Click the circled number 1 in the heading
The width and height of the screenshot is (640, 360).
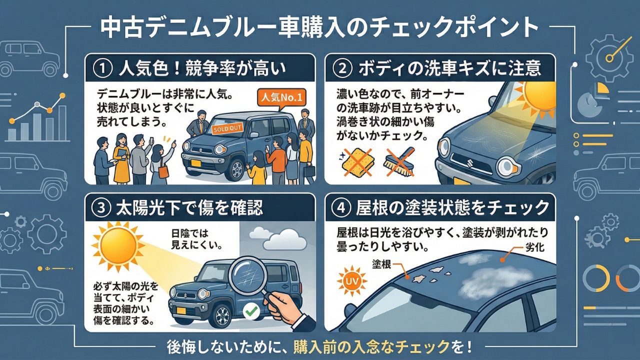tap(101, 68)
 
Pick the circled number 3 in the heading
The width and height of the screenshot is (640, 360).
tap(101, 208)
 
